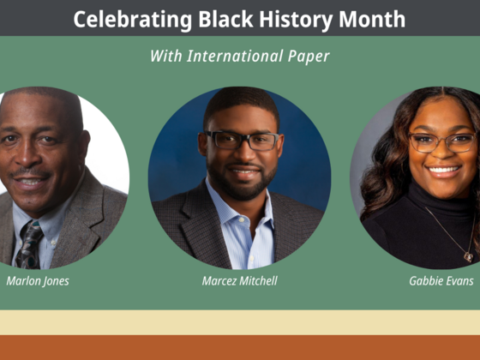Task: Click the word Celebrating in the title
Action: click(x=133, y=20)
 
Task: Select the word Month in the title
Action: click(x=372, y=19)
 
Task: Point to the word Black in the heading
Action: click(x=225, y=19)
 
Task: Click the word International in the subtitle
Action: click(x=235, y=56)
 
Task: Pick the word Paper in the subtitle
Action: click(x=309, y=57)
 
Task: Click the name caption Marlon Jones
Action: click(x=38, y=281)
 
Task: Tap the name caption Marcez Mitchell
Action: click(x=240, y=281)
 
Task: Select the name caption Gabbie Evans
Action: click(x=441, y=281)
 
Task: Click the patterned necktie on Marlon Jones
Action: click(x=29, y=244)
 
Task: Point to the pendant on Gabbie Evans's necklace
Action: click(x=468, y=257)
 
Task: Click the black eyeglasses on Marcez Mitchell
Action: click(x=242, y=141)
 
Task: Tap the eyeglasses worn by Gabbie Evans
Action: click(x=442, y=142)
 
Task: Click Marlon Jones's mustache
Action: click(x=31, y=172)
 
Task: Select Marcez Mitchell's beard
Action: click(x=242, y=183)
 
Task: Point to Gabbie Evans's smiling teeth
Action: click(x=444, y=170)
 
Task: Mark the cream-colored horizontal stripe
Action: click(x=240, y=322)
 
